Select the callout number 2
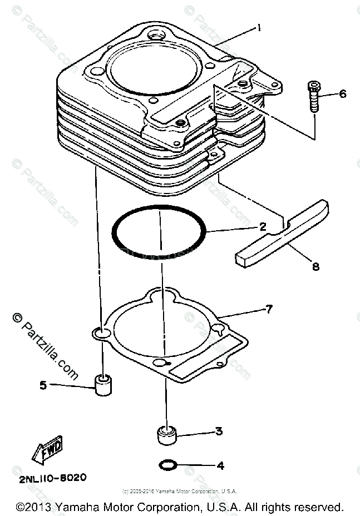coord(263,227)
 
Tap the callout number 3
coord(219,431)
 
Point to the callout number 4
coord(220,465)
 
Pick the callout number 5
coord(43,384)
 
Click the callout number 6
coord(342,93)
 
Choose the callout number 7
coord(269,309)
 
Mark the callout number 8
coord(315,266)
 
